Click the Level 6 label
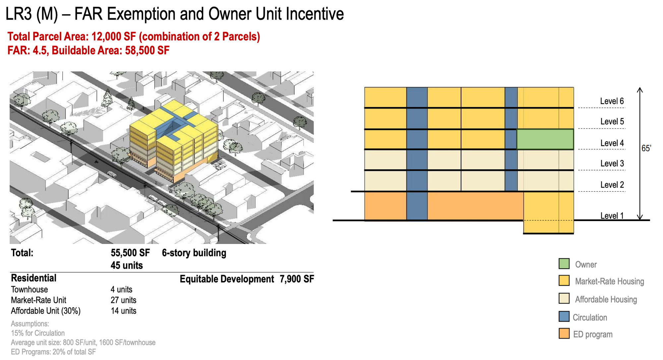click(x=612, y=101)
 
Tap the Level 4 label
click(x=612, y=143)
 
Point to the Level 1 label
click(x=612, y=216)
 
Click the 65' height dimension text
click(x=646, y=148)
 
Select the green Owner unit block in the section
click(x=545, y=139)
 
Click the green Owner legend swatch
click(x=564, y=264)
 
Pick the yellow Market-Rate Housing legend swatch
click(x=564, y=281)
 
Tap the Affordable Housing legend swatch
click(x=564, y=298)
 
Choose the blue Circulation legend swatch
click(x=564, y=317)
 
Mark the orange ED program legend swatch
click(x=564, y=333)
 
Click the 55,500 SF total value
click(x=130, y=253)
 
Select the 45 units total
click(x=127, y=266)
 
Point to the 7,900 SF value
click(x=297, y=279)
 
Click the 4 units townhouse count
click(x=121, y=289)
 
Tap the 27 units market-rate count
click(x=123, y=300)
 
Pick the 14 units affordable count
click(x=123, y=311)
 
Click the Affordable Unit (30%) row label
click(x=46, y=311)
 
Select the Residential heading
click(x=33, y=278)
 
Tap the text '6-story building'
click(x=194, y=253)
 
